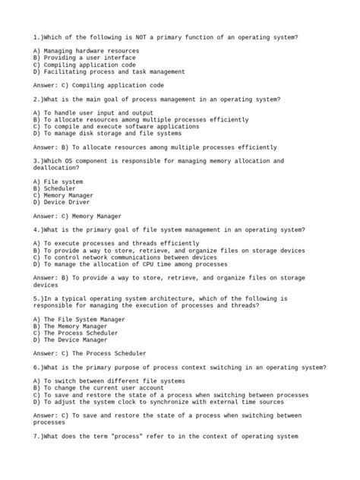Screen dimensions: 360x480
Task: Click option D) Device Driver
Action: click(x=65, y=203)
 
